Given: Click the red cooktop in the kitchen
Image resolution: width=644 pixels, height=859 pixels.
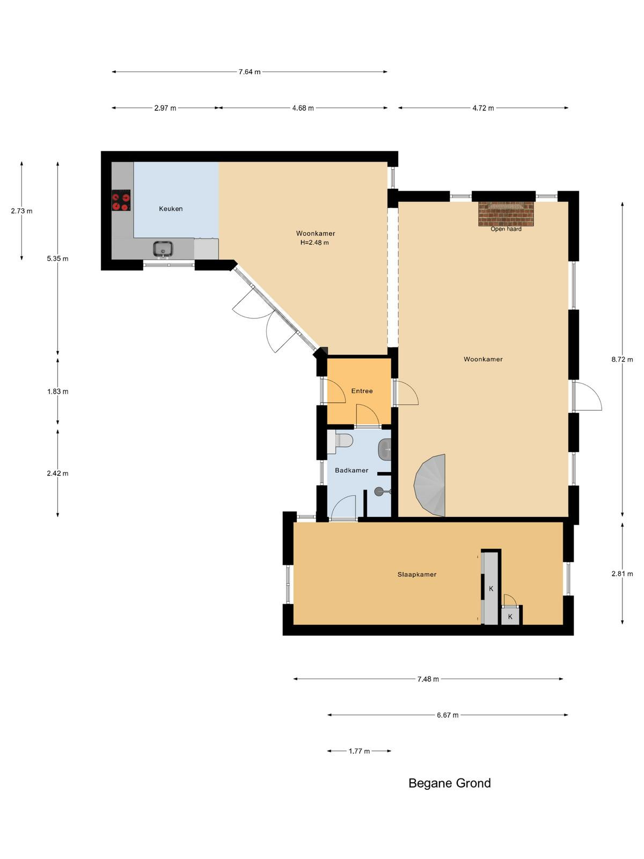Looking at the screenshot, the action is [x=121, y=200].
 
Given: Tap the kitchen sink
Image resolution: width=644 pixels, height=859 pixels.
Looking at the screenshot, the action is [x=163, y=249].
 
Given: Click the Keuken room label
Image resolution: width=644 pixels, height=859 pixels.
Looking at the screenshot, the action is [x=171, y=209].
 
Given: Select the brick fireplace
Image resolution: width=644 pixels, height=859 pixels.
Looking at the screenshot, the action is [x=506, y=214].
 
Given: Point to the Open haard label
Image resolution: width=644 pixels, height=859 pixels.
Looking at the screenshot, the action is [x=506, y=229].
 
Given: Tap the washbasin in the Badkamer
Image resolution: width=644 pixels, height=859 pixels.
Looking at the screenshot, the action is [x=385, y=449].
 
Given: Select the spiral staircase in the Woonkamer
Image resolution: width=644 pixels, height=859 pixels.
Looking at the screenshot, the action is [x=430, y=485].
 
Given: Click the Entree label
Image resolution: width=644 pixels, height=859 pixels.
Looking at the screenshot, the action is [x=362, y=391].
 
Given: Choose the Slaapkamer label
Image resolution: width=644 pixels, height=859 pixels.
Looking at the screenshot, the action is [x=417, y=574].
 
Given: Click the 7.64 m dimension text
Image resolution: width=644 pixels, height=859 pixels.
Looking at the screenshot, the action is [x=250, y=72].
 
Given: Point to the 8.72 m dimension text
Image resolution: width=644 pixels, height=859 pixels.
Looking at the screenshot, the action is [x=622, y=359].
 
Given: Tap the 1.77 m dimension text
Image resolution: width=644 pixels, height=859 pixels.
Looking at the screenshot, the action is [x=359, y=751].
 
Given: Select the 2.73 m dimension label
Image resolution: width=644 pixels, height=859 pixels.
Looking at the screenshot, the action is [x=22, y=211].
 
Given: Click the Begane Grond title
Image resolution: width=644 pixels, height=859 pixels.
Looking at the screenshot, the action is [x=450, y=783].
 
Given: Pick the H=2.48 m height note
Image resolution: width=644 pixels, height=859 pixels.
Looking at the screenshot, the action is [x=314, y=243].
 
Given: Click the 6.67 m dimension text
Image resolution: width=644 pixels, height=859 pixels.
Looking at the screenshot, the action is [x=448, y=715].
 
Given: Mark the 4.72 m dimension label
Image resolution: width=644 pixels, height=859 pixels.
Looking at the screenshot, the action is [x=483, y=108].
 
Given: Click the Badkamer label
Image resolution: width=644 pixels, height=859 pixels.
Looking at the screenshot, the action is [x=352, y=470].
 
